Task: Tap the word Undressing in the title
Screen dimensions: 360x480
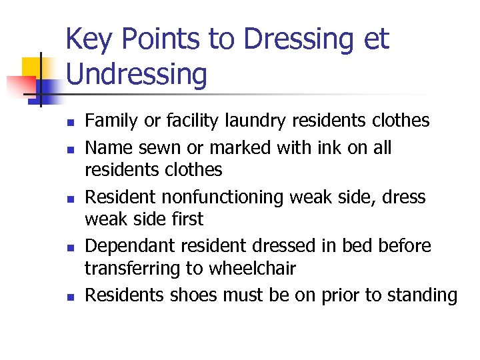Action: (x=137, y=75)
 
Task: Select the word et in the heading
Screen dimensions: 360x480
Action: (x=375, y=40)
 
